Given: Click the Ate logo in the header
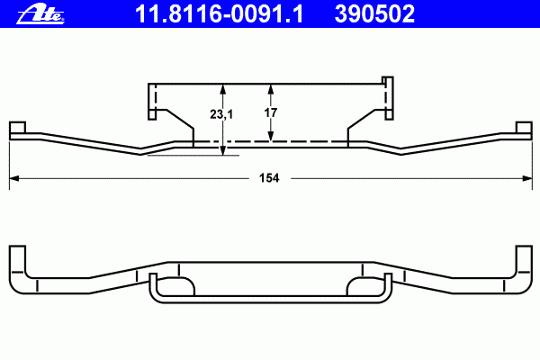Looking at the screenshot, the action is [40, 14].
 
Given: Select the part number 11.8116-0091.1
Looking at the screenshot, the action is [220, 14].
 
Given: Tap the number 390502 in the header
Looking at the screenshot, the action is [374, 14].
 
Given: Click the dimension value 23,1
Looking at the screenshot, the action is [221, 114].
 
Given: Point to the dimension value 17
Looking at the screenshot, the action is [270, 112].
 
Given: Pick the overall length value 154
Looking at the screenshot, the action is [269, 178].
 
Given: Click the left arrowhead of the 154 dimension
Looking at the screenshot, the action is [14, 178].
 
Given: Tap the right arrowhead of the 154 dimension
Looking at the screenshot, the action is [527, 178].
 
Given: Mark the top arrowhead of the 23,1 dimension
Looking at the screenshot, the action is [223, 89].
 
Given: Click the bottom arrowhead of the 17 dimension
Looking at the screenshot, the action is [271, 137].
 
